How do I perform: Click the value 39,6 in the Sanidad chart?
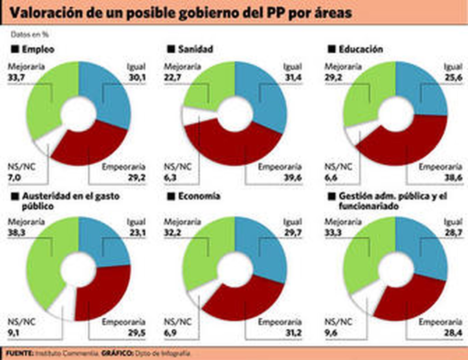tap(293, 177)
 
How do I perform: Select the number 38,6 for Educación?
tap(453, 177)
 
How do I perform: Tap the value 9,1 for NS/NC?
tap(13, 333)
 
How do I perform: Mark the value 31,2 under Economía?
tap(293, 333)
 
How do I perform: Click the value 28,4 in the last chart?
tap(453, 333)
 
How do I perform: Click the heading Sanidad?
tap(195, 49)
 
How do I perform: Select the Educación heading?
tap(361, 49)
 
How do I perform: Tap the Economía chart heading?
tap(199, 196)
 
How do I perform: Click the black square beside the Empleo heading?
tap(15, 49)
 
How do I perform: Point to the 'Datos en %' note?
tap(30, 34)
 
